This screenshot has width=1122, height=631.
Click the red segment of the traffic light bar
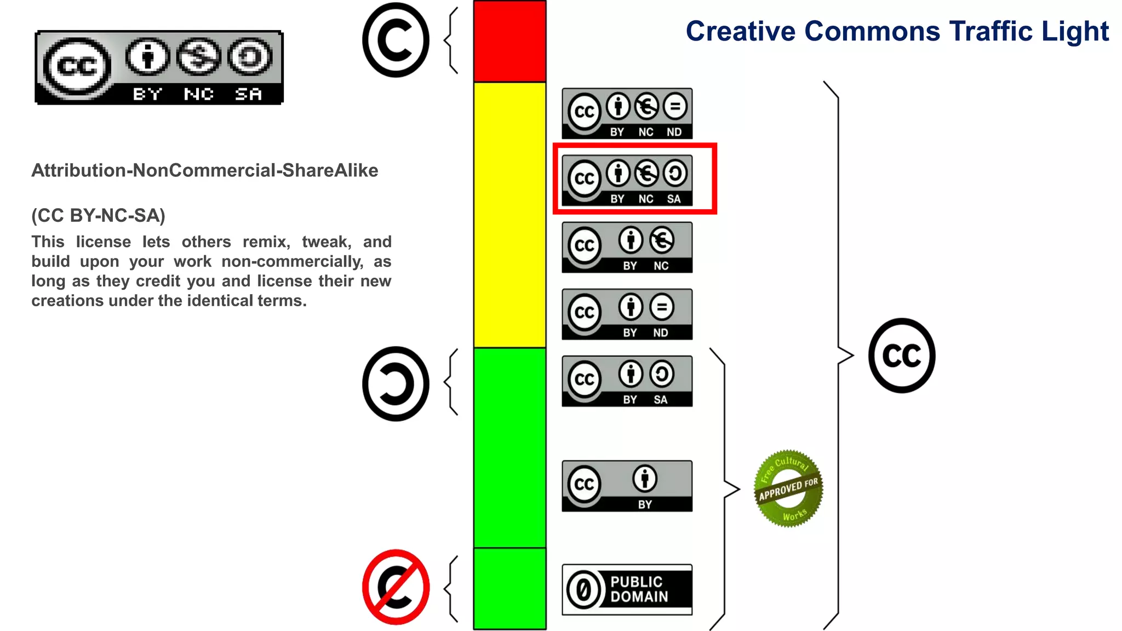click(x=510, y=42)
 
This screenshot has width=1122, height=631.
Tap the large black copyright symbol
click(x=396, y=40)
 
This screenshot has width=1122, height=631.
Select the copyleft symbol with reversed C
click(x=396, y=383)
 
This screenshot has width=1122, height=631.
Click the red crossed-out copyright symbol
click(x=396, y=587)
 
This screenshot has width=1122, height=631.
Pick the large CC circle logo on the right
click(x=902, y=355)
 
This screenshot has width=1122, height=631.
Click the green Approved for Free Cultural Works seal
click(x=788, y=489)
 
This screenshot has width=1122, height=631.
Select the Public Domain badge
click(x=627, y=589)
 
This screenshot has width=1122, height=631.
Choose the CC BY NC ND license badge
click(x=627, y=113)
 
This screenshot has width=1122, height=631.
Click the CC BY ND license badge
click(x=627, y=314)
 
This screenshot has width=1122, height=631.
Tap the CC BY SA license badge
click(x=627, y=381)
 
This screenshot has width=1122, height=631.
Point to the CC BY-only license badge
click(x=627, y=486)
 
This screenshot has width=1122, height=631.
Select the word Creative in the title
click(x=740, y=31)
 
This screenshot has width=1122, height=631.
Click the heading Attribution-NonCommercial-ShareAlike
click(x=204, y=170)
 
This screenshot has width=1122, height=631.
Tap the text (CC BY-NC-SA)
click(x=98, y=215)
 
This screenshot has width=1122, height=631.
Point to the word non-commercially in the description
click(x=292, y=261)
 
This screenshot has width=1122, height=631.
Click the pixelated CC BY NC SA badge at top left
click(x=159, y=67)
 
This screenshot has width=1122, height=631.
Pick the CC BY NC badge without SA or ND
click(x=627, y=248)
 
